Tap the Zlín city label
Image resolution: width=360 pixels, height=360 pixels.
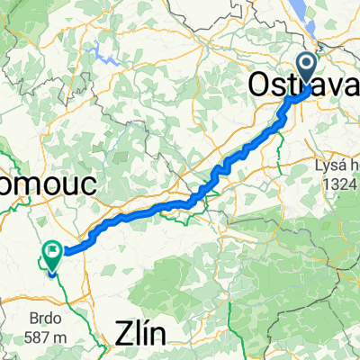142,334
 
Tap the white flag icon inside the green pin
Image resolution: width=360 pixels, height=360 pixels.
52,254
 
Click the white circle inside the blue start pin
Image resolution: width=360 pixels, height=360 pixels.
306,65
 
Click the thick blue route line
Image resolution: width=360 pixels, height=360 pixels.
180,207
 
